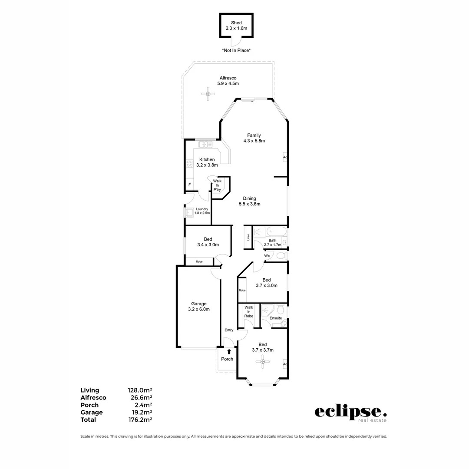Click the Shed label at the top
point(236,23)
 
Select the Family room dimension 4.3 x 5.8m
point(254,141)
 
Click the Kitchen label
point(207,159)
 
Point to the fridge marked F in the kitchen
point(189,185)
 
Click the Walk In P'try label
point(217,185)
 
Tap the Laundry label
point(202,209)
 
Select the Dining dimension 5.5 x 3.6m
point(249,204)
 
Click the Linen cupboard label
point(248,237)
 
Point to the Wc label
point(268,256)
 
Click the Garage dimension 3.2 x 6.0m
point(199,310)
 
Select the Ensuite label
point(276,318)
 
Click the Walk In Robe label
point(248,311)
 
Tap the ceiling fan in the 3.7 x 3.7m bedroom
point(263,362)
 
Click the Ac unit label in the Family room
point(285,157)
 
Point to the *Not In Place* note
point(236,50)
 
